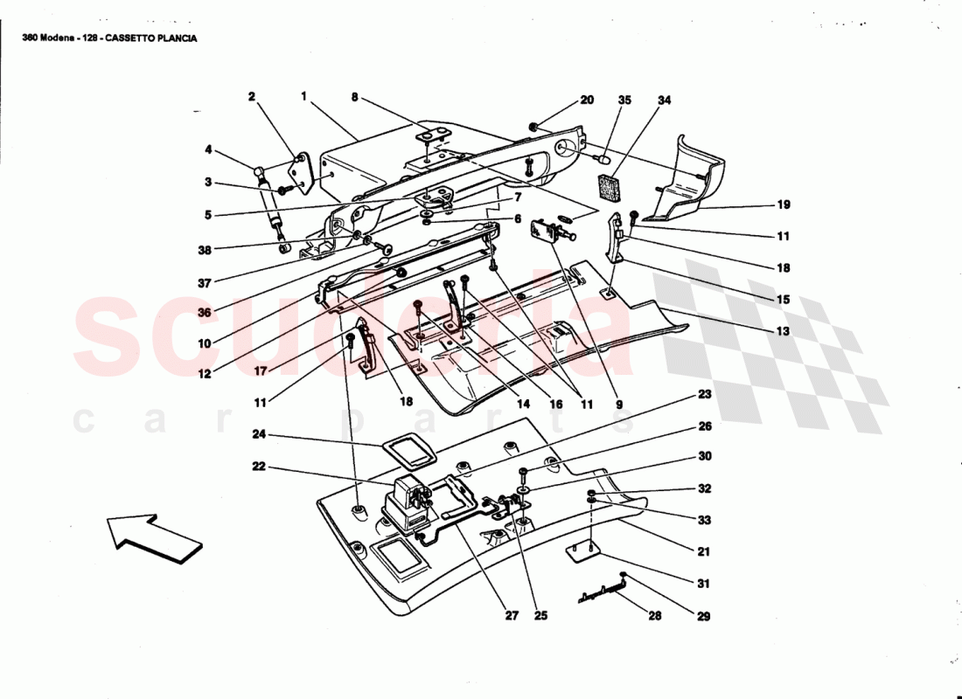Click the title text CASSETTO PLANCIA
tap(151, 38)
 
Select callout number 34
tap(665, 100)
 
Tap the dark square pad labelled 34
tap(611, 186)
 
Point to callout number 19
tap(784, 204)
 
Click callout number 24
tap(259, 435)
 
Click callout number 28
tap(655, 616)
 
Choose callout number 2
tap(252, 96)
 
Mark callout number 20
tap(587, 100)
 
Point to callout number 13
tap(783, 332)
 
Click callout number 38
tap(205, 250)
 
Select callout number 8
tap(354, 96)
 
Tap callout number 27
tap(512, 616)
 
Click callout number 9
tap(619, 405)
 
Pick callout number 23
tap(704, 394)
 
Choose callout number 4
tap(209, 149)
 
